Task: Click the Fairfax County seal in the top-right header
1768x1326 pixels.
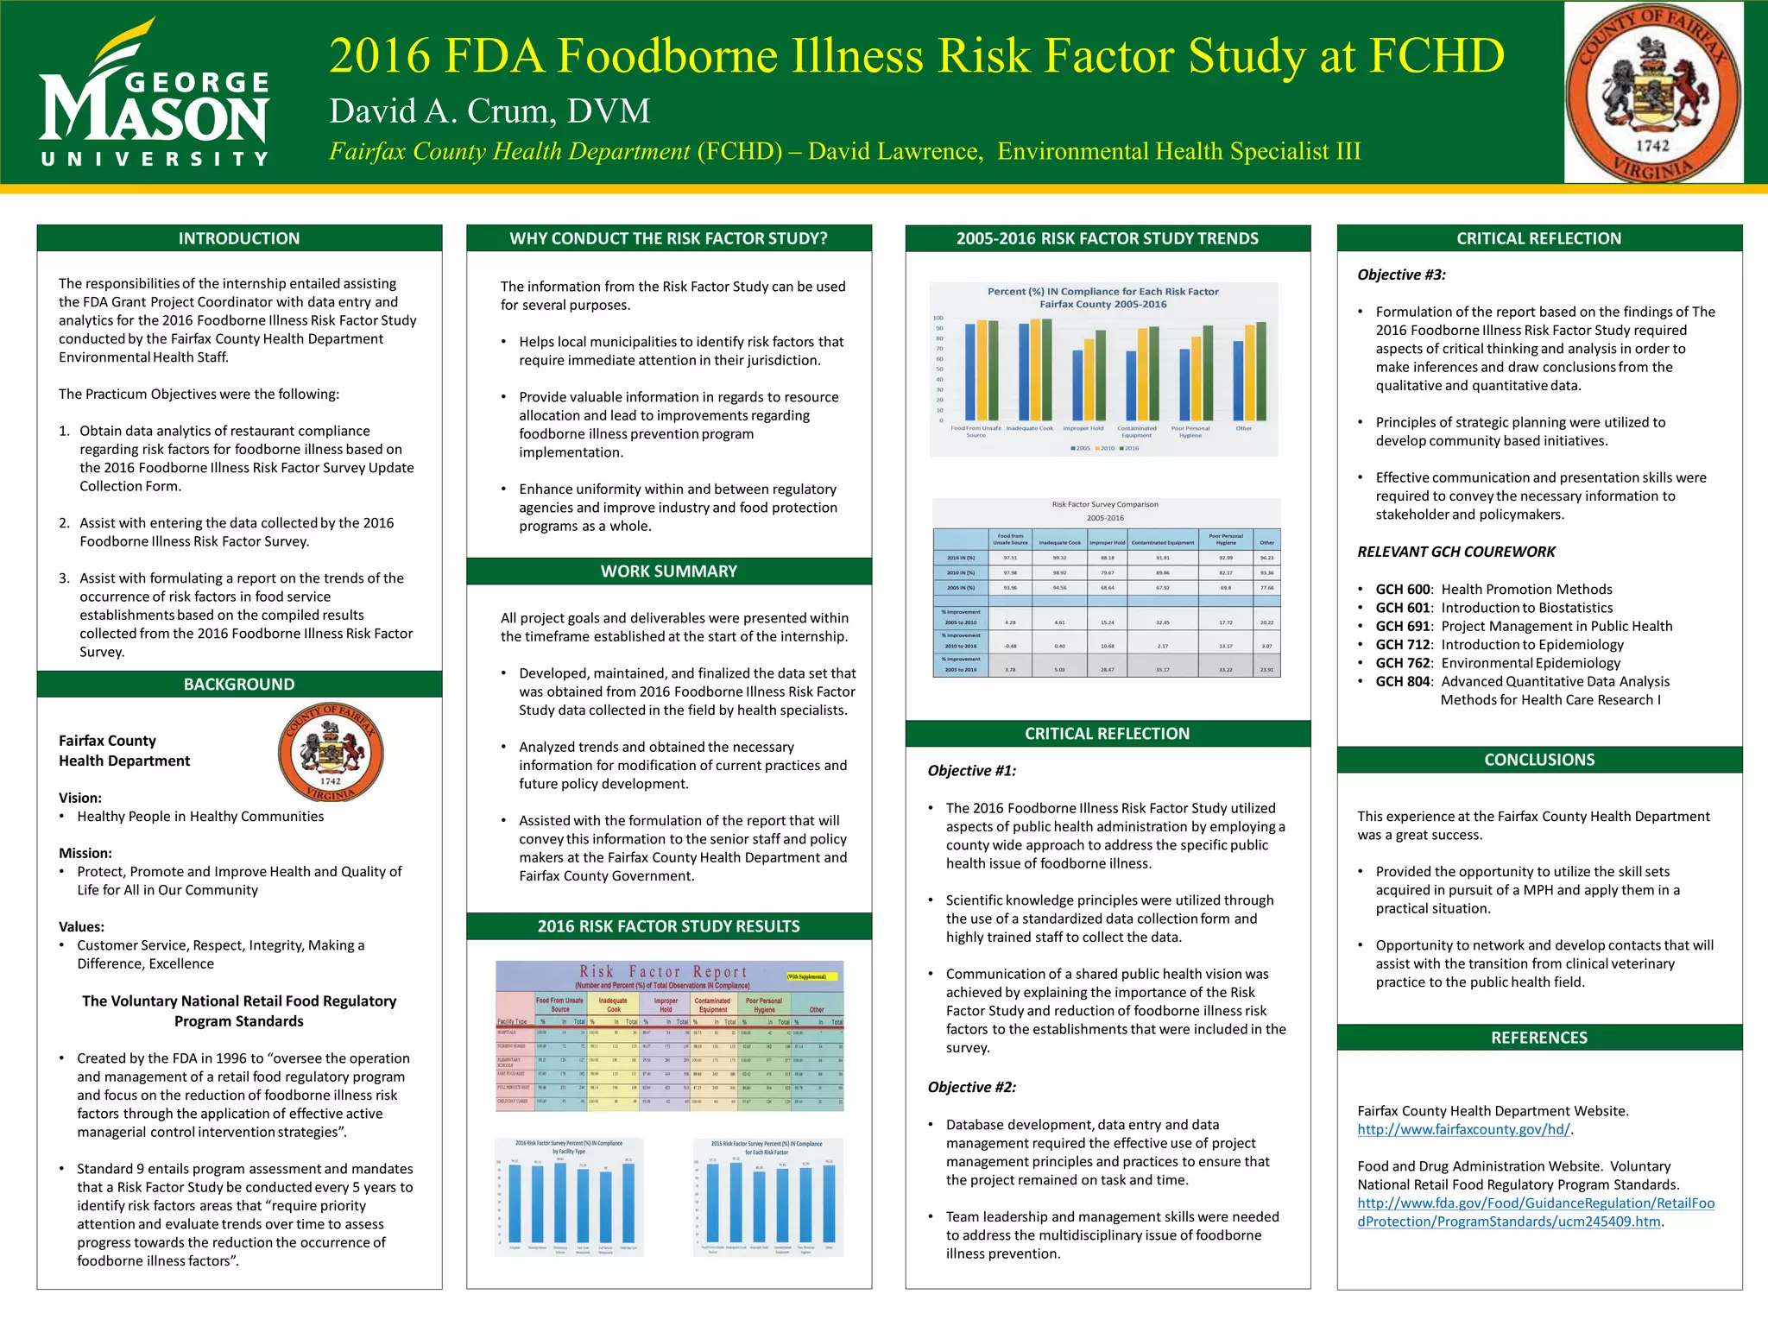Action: click(x=1653, y=92)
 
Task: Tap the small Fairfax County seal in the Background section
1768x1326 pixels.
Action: click(x=331, y=752)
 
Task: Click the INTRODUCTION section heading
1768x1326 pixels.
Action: click(x=239, y=238)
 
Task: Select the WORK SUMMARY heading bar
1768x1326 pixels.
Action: click(x=669, y=571)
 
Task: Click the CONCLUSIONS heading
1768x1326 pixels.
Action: click(x=1539, y=760)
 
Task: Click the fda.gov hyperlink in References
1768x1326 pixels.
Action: click(x=1535, y=1212)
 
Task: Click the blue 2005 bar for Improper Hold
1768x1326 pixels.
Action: click(x=1077, y=385)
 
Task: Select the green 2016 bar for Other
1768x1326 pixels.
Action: click(x=1261, y=370)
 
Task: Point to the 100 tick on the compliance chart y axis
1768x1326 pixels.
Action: click(x=938, y=319)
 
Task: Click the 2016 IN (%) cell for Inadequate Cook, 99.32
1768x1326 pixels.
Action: click(x=1059, y=558)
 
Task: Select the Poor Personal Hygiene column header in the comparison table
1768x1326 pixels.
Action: click(x=1225, y=540)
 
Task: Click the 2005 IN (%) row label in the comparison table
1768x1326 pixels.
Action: click(x=960, y=587)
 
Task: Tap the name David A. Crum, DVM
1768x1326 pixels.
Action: click(x=489, y=111)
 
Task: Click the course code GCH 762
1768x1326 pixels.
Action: click(x=1403, y=663)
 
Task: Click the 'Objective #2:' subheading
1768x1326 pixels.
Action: click(x=971, y=1087)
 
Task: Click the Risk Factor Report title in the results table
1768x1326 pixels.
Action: click(x=662, y=972)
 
